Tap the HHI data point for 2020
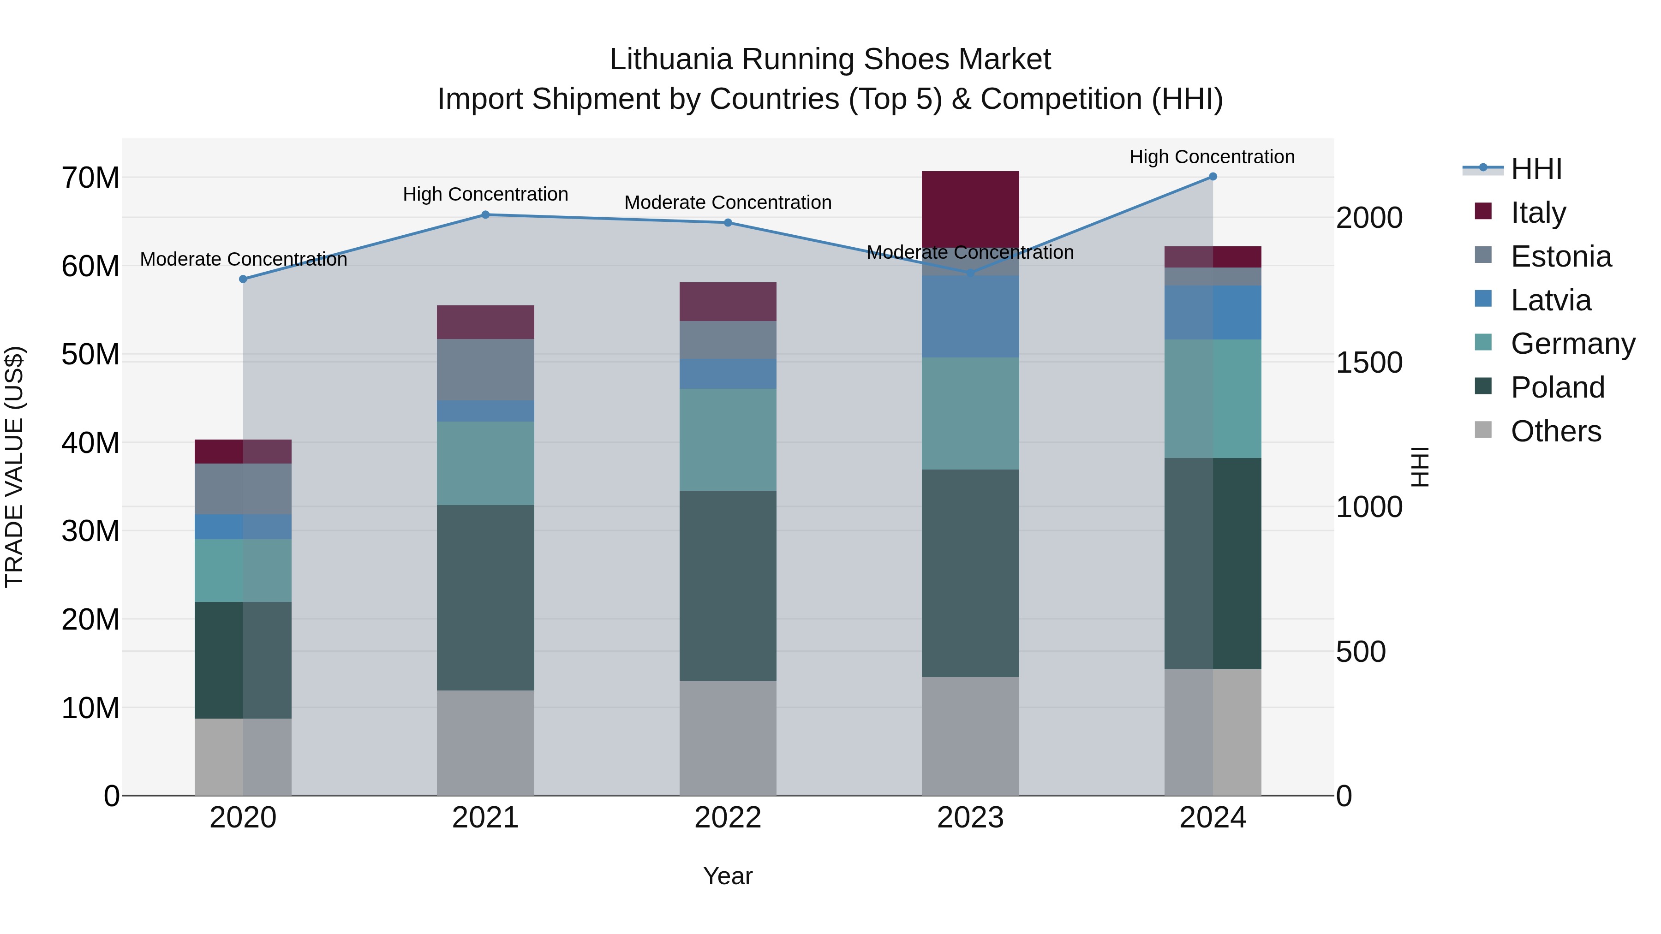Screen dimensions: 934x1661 click(243, 279)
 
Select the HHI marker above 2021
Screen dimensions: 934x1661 click(485, 214)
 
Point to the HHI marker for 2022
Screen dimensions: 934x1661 click(728, 222)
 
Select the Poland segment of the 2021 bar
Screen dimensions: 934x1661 click(485, 597)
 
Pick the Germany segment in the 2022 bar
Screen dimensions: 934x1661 click(728, 440)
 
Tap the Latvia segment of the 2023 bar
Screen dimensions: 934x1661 click(970, 316)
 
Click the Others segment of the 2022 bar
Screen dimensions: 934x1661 click(728, 738)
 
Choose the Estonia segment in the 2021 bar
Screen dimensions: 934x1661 click(485, 369)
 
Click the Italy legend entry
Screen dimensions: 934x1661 click(1538, 213)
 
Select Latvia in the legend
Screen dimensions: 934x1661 click(1551, 300)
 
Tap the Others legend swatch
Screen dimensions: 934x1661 click(1483, 430)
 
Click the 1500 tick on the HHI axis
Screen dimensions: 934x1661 click(1369, 362)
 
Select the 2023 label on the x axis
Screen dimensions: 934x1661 click(970, 818)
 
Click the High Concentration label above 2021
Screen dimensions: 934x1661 click(485, 194)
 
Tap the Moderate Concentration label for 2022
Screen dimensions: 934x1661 click(728, 202)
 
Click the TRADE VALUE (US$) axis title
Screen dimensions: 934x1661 click(14, 467)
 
